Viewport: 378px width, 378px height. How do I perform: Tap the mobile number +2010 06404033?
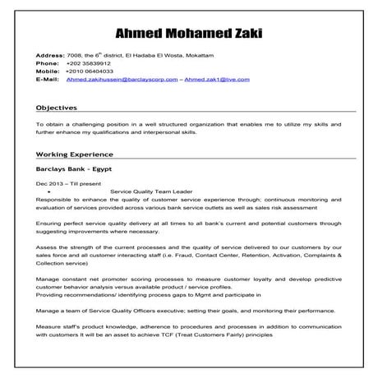(x=91, y=71)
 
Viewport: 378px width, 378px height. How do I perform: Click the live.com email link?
(x=214, y=81)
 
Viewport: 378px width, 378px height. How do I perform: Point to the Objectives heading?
(x=68, y=108)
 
